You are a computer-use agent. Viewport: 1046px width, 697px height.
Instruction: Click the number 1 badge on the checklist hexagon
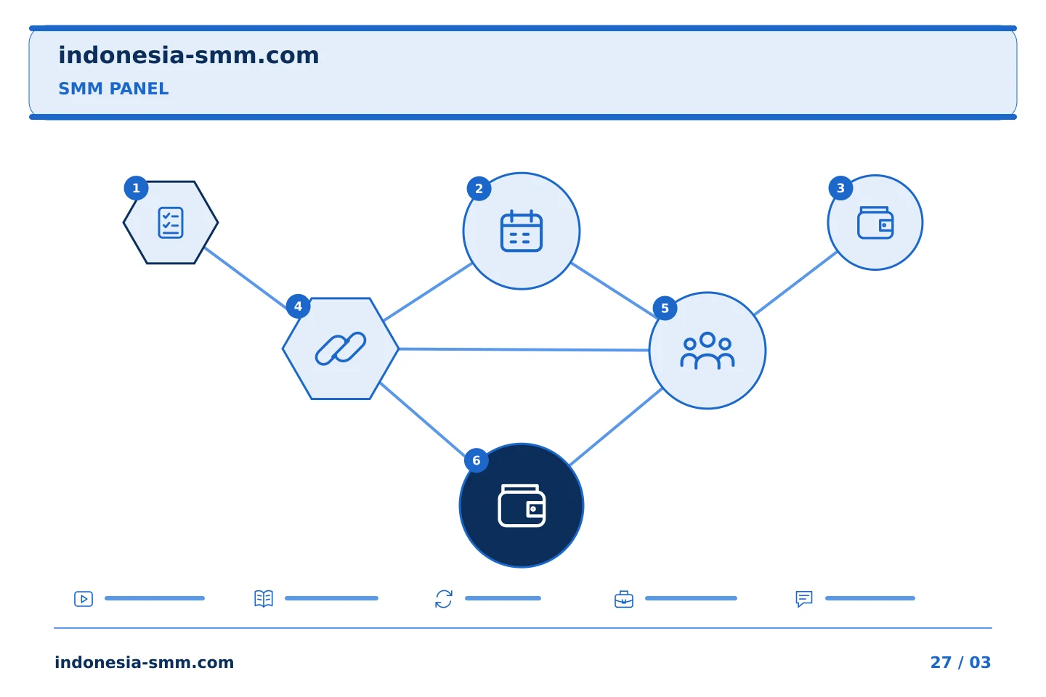pos(136,188)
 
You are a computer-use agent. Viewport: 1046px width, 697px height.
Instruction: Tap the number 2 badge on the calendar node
pos(479,189)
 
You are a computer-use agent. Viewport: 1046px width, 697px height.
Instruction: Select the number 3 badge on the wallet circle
pos(840,188)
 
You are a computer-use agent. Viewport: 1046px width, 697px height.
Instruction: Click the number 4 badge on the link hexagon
pos(298,306)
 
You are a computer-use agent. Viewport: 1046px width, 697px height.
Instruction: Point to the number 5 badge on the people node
pos(665,308)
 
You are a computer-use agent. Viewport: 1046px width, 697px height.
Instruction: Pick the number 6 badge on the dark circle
pos(477,460)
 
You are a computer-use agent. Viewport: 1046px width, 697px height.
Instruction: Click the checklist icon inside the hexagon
pos(171,223)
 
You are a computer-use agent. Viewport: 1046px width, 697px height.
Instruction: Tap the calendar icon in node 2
pos(521,231)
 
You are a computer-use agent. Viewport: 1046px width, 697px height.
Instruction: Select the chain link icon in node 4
pos(341,348)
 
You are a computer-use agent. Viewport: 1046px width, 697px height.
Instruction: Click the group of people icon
pos(707,351)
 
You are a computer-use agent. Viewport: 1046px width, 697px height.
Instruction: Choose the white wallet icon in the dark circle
pos(522,505)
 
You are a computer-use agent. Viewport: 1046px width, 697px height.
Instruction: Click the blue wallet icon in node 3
pos(875,223)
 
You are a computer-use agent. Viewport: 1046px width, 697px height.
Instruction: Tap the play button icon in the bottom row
pos(84,598)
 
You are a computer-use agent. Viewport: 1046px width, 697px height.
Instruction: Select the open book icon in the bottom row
pos(264,598)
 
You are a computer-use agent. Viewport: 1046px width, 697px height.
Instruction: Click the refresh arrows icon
pos(444,599)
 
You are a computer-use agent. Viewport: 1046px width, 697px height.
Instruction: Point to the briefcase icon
pos(624,599)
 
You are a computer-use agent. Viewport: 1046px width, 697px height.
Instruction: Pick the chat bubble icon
pos(803,599)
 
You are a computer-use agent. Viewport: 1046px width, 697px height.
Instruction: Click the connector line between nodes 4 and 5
pos(524,349)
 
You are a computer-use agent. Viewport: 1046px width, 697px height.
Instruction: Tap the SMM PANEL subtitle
pos(113,89)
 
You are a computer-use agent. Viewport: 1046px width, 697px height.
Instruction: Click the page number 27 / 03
pos(960,662)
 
